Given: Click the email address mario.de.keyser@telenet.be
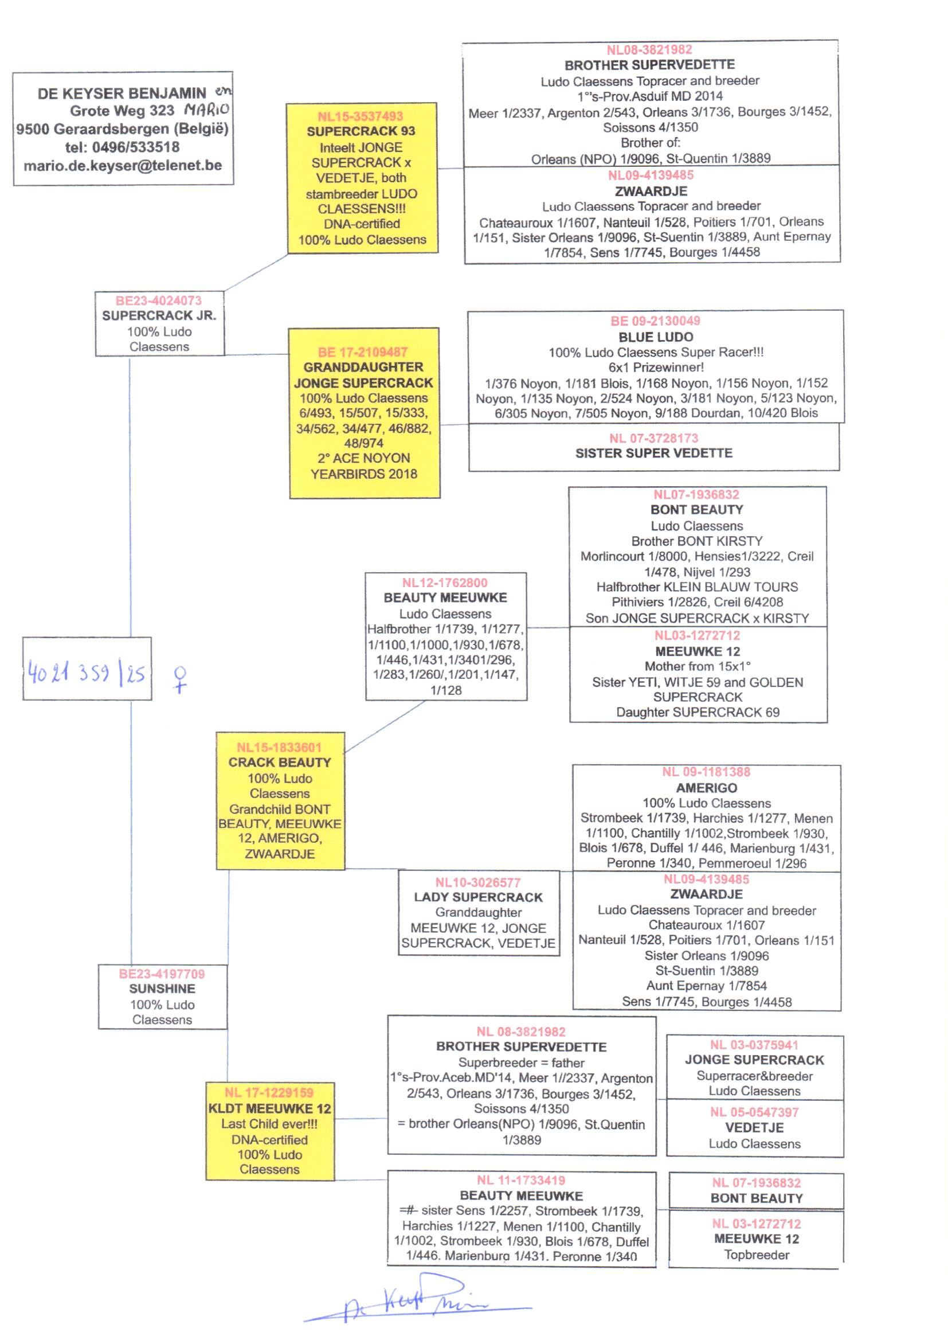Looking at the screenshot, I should pos(123,165).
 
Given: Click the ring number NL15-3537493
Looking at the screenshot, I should pos(360,116).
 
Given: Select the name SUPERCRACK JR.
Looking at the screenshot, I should pos(159,315).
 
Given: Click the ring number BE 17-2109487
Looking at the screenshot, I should pos(362,352).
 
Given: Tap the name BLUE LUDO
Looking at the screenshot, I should pos(656,337).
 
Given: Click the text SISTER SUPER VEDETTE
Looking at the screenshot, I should pos(654,453).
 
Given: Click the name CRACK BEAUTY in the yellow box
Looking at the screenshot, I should pos(280,763).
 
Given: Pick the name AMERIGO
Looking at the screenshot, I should pos(706,788).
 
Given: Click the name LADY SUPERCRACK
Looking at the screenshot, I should pos(478,897).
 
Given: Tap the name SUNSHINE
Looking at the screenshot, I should pos(162,989).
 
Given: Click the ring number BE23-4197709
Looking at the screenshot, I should pos(162,974).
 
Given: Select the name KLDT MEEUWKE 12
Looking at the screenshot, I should pos(270,1109).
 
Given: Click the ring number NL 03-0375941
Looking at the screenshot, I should pos(754,1045).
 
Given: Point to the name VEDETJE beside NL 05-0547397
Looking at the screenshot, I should pos(754,1127).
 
